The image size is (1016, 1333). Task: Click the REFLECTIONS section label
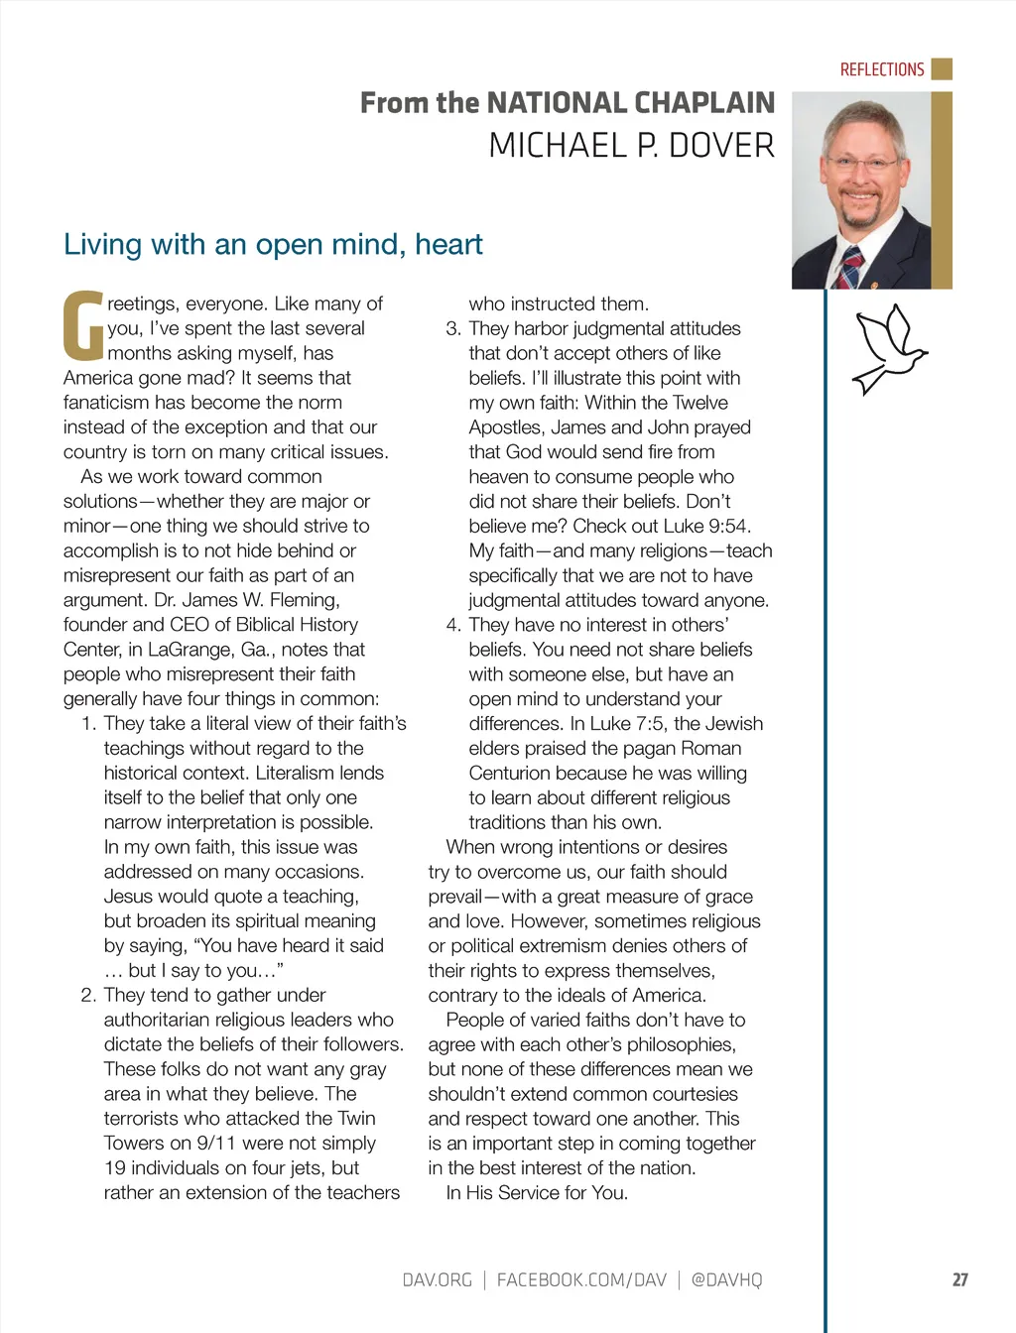881,69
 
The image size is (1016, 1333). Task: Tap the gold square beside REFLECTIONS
942,68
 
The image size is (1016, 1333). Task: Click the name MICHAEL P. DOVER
631,147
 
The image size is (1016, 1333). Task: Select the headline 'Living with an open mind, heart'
273,244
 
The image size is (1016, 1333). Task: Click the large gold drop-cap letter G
82,325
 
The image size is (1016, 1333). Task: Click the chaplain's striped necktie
849,267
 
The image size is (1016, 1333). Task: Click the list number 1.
89,724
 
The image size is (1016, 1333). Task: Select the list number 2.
88,995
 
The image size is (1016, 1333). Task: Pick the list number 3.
453,328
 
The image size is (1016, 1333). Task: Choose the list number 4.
453,625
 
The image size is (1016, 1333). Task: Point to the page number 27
959,1279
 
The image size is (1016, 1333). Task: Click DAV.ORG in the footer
437,1279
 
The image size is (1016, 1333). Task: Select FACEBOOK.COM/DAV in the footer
581,1279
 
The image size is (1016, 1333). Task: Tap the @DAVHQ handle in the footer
726,1279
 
